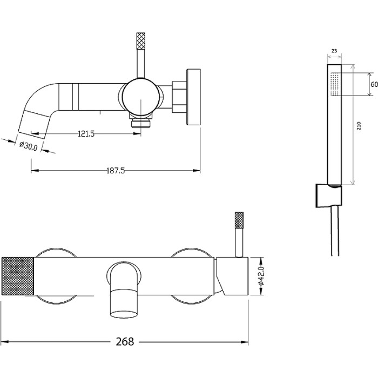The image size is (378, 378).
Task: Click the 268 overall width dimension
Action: (x=125, y=341)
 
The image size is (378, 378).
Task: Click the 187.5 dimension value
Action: (x=116, y=171)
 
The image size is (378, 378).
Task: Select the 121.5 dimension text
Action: (x=86, y=133)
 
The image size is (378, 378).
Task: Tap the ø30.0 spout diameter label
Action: (x=29, y=146)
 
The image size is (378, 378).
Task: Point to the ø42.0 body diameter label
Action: (x=261, y=276)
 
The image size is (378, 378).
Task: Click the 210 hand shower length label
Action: (x=359, y=126)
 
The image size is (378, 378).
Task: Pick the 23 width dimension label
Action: (x=334, y=51)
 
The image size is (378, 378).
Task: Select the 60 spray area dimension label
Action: (x=374, y=84)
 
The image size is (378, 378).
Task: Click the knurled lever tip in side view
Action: (x=141, y=40)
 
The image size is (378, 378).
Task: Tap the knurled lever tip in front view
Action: (x=239, y=220)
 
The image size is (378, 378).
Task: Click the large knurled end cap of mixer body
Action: (x=18, y=276)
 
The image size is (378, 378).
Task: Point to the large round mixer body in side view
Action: (x=141, y=97)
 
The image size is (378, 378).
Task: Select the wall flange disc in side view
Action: (x=193, y=97)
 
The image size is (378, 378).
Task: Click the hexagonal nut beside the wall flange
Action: (x=179, y=97)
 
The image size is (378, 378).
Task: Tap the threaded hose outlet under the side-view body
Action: (x=141, y=123)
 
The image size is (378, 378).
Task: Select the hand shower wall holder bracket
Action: (x=328, y=195)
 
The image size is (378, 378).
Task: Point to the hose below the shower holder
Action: (x=335, y=231)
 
